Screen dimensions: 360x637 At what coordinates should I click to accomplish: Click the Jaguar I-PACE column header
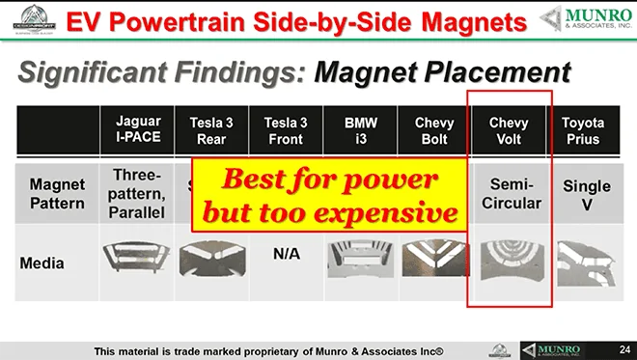[x=138, y=130]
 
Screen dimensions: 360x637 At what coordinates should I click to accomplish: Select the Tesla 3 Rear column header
[x=207, y=130]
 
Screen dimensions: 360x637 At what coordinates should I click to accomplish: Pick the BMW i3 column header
[x=355, y=130]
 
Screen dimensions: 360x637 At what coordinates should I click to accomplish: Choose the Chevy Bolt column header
[x=434, y=130]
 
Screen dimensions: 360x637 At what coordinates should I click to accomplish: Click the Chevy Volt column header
[x=509, y=130]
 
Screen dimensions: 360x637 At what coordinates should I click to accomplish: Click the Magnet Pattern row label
[x=58, y=193]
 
